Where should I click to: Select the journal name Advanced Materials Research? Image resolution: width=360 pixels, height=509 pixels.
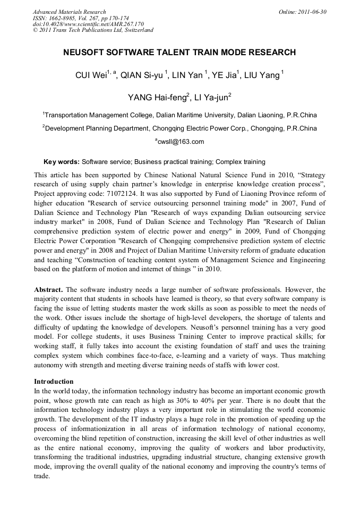pos(69,12)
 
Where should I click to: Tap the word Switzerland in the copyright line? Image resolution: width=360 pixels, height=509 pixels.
pos(135,30)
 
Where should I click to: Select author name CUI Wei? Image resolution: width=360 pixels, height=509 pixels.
pos(91,76)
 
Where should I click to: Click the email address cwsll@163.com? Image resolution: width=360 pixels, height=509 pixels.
pos(181,142)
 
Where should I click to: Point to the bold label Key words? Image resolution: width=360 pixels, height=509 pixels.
pos(61,161)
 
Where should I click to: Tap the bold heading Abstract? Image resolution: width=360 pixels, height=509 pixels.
pos(49,290)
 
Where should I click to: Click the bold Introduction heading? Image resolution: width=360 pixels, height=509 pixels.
pos(54,381)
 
